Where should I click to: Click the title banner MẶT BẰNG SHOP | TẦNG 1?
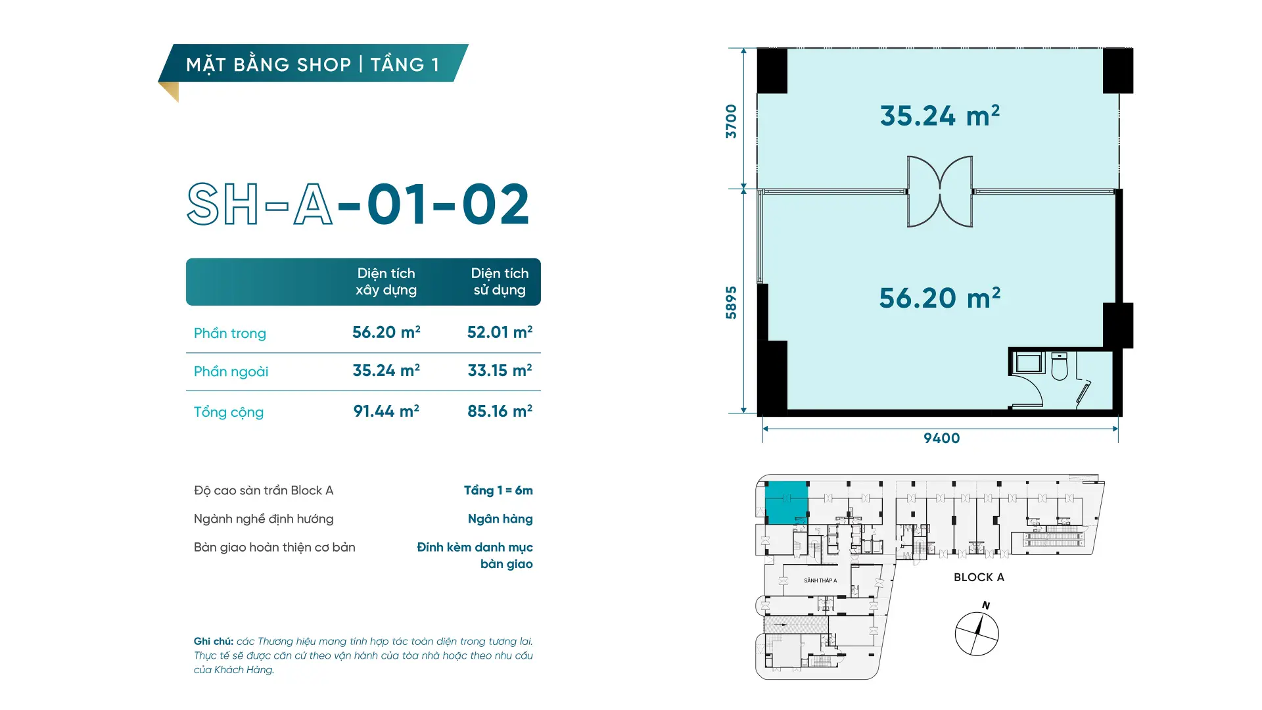pos(313,64)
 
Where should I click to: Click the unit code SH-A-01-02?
pos(358,204)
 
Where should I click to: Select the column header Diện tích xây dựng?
pos(386,281)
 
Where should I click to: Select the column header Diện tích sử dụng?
pos(500,281)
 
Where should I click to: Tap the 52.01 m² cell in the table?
pos(500,333)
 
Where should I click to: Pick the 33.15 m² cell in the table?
pos(500,371)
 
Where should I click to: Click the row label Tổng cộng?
pos(229,412)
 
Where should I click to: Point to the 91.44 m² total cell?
pos(386,412)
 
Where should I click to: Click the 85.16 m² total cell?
pos(500,412)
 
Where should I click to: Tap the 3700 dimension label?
pos(731,122)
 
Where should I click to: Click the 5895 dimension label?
pos(731,302)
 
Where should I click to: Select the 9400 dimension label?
pos(941,438)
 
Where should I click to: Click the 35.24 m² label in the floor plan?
pos(940,116)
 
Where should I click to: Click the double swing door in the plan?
pos(940,191)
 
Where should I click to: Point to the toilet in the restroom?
pos(1059,367)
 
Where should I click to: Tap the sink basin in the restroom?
pos(1027,363)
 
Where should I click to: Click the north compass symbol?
pos(977,633)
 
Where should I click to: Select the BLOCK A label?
pos(979,577)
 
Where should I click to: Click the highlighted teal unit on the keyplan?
pos(787,502)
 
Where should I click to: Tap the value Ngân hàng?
pos(500,519)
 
